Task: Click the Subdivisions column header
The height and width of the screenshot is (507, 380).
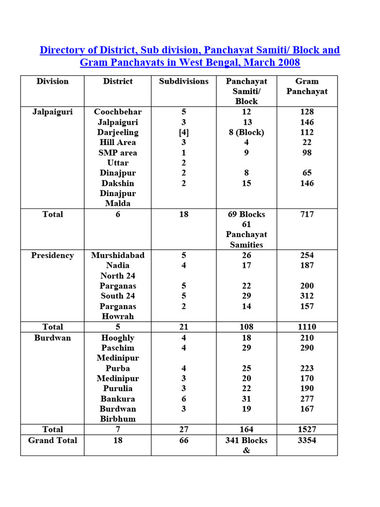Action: click(x=184, y=81)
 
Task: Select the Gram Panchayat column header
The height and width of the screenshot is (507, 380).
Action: click(x=307, y=86)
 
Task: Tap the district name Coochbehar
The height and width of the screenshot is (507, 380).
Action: click(x=118, y=112)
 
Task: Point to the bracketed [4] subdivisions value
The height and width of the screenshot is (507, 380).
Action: click(x=184, y=132)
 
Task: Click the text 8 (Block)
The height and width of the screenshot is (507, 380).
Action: click(x=246, y=132)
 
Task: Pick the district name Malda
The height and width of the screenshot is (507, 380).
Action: click(x=118, y=203)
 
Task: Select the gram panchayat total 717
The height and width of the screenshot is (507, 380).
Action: click(x=307, y=214)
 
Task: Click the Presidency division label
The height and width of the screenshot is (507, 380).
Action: click(x=52, y=255)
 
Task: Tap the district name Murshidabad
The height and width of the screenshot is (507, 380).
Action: click(x=118, y=255)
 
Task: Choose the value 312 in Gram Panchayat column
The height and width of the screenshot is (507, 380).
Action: click(x=307, y=296)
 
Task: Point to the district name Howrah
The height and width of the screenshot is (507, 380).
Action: click(x=118, y=316)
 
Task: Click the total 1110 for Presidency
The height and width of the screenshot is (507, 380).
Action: click(x=307, y=327)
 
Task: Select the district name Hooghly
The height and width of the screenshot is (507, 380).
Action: click(x=118, y=338)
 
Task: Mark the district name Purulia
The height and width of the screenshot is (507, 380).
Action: click(x=118, y=389)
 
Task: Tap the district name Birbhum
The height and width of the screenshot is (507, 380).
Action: click(x=118, y=419)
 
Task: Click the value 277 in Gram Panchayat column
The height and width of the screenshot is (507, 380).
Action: click(x=307, y=399)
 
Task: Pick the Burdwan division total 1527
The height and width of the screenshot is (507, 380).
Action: click(x=307, y=429)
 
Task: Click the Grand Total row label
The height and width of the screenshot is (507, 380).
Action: click(x=52, y=440)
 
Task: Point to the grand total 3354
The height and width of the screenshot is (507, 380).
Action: click(x=307, y=440)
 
